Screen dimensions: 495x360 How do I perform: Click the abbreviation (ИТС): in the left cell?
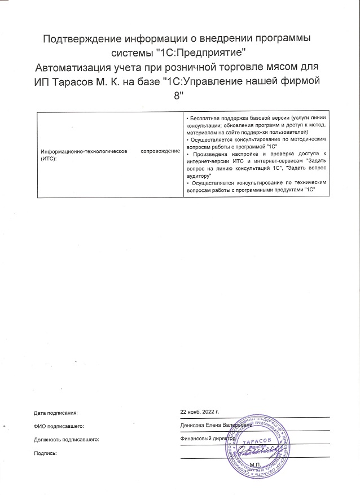pos(50,158)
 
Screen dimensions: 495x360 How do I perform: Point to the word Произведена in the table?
pos(209,154)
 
